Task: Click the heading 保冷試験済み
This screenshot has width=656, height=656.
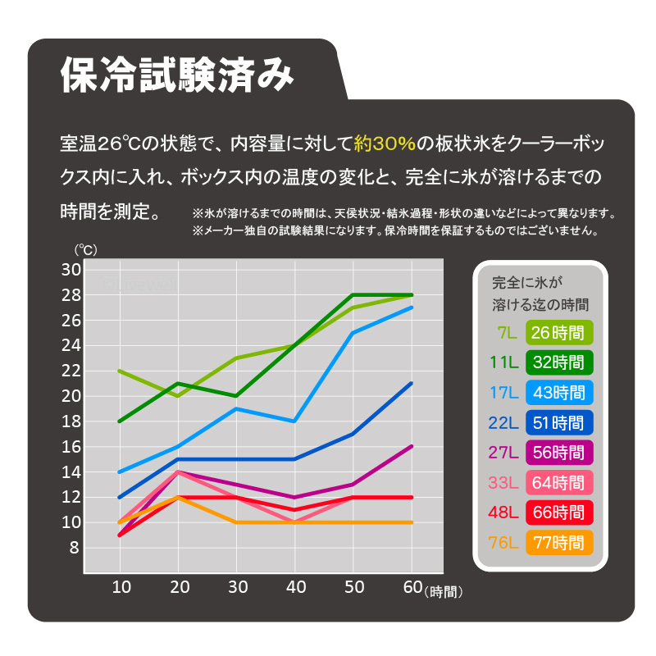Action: [x=177, y=75]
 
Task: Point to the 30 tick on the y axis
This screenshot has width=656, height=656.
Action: [x=71, y=270]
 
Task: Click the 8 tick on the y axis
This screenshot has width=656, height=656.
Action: [x=75, y=548]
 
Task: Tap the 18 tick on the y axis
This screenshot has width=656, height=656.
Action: [x=71, y=421]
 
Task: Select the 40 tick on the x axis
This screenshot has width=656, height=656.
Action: [x=295, y=587]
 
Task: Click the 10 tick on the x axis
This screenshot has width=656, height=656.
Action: [x=121, y=587]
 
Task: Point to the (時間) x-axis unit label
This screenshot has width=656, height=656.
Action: [x=444, y=590]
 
